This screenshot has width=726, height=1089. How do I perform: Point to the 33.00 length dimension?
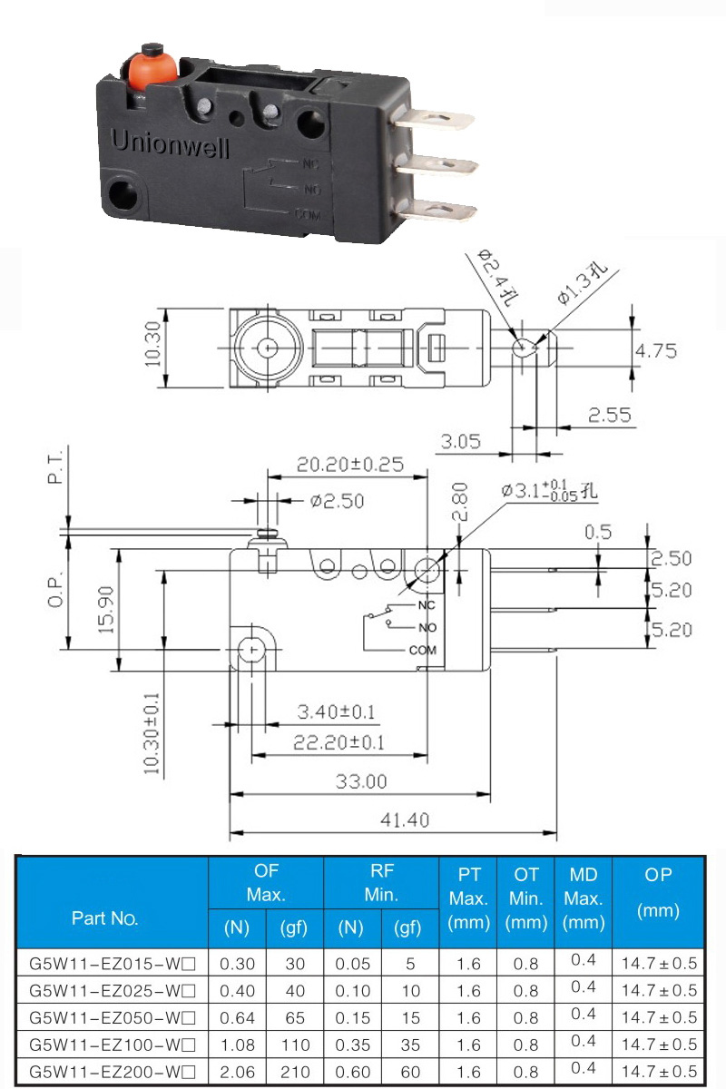click(x=361, y=781)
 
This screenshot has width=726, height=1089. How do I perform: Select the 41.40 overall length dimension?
click(x=405, y=820)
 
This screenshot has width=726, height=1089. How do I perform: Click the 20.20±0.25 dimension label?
click(x=350, y=465)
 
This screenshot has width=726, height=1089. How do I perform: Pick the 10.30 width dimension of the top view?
click(x=152, y=344)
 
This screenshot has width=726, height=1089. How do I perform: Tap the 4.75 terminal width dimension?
click(x=656, y=350)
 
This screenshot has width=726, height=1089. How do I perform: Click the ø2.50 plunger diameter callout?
click(x=338, y=501)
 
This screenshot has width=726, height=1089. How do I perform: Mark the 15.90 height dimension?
click(x=106, y=610)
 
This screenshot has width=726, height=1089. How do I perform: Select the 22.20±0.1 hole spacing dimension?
click(x=338, y=742)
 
